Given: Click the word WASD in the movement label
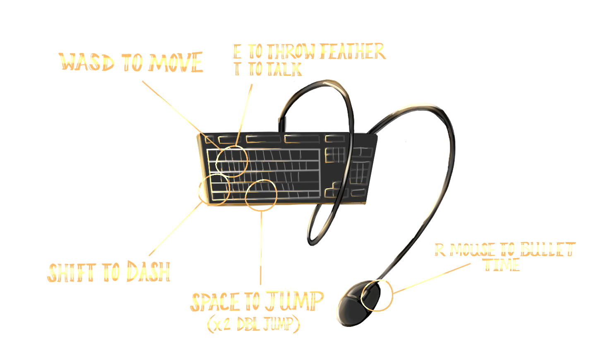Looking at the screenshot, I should click(86, 62).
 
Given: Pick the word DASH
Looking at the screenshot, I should click(148, 272).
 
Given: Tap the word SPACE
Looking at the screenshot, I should click(215, 302).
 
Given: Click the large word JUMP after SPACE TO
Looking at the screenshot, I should click(294, 301).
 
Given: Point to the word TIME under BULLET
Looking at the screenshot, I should click(502, 265).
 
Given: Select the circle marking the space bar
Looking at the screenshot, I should click(261, 194).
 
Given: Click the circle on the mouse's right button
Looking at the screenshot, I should click(376, 295).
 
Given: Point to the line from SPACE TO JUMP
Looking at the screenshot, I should click(261, 248).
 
